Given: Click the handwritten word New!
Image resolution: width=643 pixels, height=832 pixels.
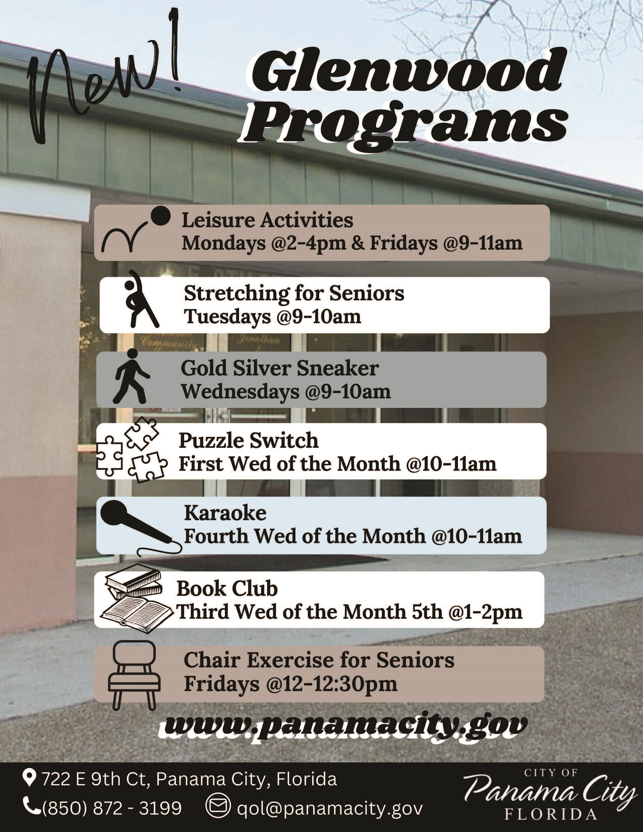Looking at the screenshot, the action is coord(107,82).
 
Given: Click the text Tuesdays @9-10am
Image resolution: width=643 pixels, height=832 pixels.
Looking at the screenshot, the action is coord(272,316).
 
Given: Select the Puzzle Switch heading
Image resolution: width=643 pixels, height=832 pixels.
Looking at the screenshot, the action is coord(248,440).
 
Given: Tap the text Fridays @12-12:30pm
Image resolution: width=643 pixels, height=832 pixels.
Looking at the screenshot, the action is coord(291,684).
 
